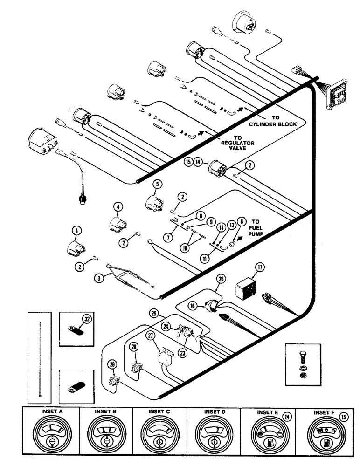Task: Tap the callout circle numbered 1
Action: tap(75, 230)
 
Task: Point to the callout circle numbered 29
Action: tap(112, 364)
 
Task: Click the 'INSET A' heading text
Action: tap(51, 412)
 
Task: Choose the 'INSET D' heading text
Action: tap(213, 412)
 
